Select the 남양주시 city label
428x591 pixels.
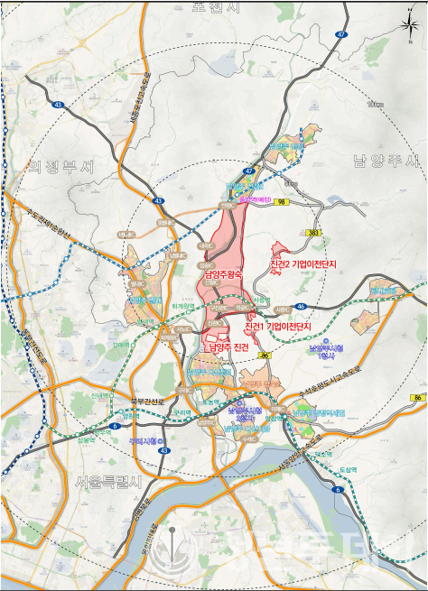(x=386, y=161)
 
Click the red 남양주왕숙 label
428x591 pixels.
(x=222, y=275)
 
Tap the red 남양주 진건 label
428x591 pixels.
(x=228, y=347)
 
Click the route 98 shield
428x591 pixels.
(x=283, y=202)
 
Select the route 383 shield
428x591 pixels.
(x=313, y=233)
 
